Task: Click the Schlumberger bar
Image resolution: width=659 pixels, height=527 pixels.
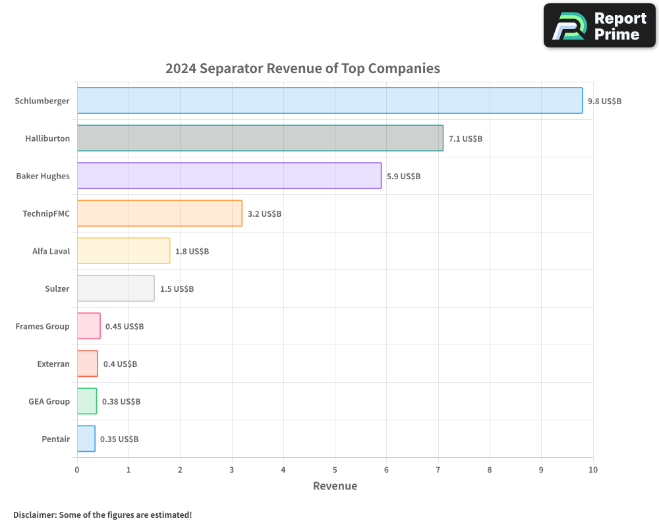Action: pyautogui.click(x=329, y=101)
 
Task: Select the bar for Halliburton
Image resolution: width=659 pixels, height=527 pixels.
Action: pyautogui.click(x=260, y=138)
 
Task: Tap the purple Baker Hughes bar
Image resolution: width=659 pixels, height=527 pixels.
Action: pyautogui.click(x=229, y=176)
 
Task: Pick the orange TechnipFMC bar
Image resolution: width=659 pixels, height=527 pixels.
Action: pyautogui.click(x=159, y=213)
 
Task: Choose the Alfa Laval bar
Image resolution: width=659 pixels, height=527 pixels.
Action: pyautogui.click(x=123, y=251)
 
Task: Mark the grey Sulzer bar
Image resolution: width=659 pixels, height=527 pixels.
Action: pyautogui.click(x=115, y=289)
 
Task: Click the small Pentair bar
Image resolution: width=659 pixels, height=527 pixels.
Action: pyautogui.click(x=86, y=439)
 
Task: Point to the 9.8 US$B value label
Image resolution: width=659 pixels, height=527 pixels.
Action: pyautogui.click(x=604, y=101)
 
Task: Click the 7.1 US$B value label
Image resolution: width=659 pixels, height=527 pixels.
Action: pyautogui.click(x=465, y=139)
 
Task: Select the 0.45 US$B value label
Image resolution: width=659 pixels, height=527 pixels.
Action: pyautogui.click(x=125, y=327)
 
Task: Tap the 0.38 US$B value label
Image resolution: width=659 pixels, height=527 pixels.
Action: pyautogui.click(x=121, y=402)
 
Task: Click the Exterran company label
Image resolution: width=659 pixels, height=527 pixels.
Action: pyautogui.click(x=53, y=364)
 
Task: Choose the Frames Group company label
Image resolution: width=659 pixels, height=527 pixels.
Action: pyautogui.click(x=42, y=327)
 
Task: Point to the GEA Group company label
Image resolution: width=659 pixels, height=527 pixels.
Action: pyautogui.click(x=49, y=402)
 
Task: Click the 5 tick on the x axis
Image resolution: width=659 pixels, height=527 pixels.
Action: pyautogui.click(x=335, y=470)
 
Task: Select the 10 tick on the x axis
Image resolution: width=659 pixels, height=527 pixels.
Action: pyautogui.click(x=593, y=470)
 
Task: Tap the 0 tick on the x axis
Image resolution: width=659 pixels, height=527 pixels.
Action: pyautogui.click(x=77, y=470)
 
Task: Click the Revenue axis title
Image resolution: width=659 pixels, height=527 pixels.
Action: pyautogui.click(x=335, y=486)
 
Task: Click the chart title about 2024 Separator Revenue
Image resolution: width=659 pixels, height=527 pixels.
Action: pyautogui.click(x=302, y=69)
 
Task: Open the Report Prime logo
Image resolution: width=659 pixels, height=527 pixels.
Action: pyautogui.click(x=600, y=26)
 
